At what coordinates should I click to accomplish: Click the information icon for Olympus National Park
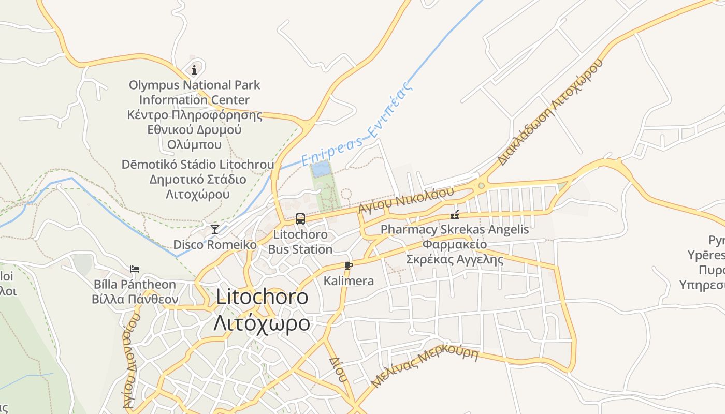[194, 69]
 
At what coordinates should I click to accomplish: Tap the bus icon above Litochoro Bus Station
[300, 218]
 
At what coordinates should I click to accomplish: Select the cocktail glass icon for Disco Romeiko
[214, 229]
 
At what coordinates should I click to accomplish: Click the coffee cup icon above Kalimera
[349, 265]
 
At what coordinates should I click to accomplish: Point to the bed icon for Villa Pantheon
[135, 269]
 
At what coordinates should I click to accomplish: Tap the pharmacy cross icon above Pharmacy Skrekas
[455, 215]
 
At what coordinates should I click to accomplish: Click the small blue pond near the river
[320, 169]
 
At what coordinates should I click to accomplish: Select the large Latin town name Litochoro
[262, 297]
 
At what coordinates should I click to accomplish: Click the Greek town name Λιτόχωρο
[262, 323]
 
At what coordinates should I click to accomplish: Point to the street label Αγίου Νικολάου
[406, 199]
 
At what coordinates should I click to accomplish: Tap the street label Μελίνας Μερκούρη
[425, 365]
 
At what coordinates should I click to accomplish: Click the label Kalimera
[349, 281]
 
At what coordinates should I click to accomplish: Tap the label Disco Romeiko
[214, 244]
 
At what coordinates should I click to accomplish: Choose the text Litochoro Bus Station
[300, 242]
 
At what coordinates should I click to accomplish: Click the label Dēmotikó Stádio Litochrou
[198, 165]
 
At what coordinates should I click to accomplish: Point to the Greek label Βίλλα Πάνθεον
[135, 299]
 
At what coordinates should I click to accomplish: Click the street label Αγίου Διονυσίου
[131, 362]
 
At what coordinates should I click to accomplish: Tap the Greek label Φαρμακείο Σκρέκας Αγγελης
[455, 252]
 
